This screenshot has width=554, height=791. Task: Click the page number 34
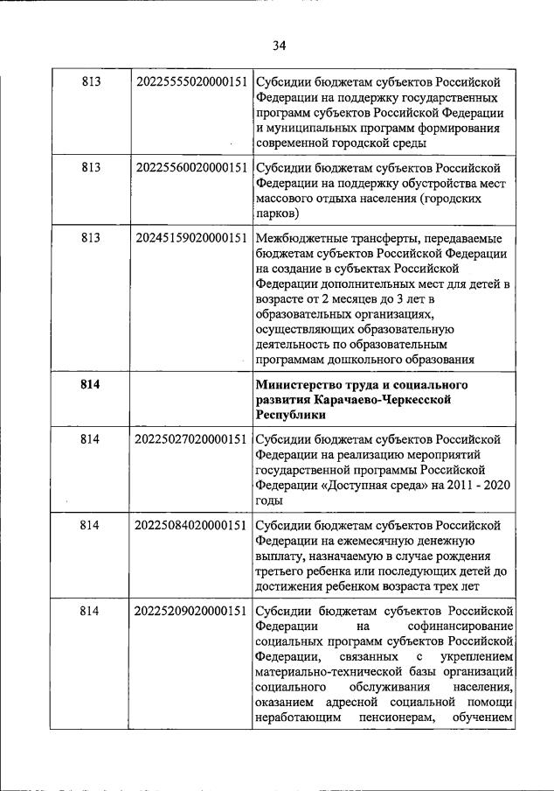coord(279,45)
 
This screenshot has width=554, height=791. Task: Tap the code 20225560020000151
coord(190,166)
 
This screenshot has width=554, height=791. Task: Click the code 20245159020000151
coord(190,237)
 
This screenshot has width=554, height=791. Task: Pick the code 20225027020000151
coord(190,438)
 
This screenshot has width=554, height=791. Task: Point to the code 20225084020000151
coord(190,525)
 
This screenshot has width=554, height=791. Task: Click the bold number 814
coord(90,385)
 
